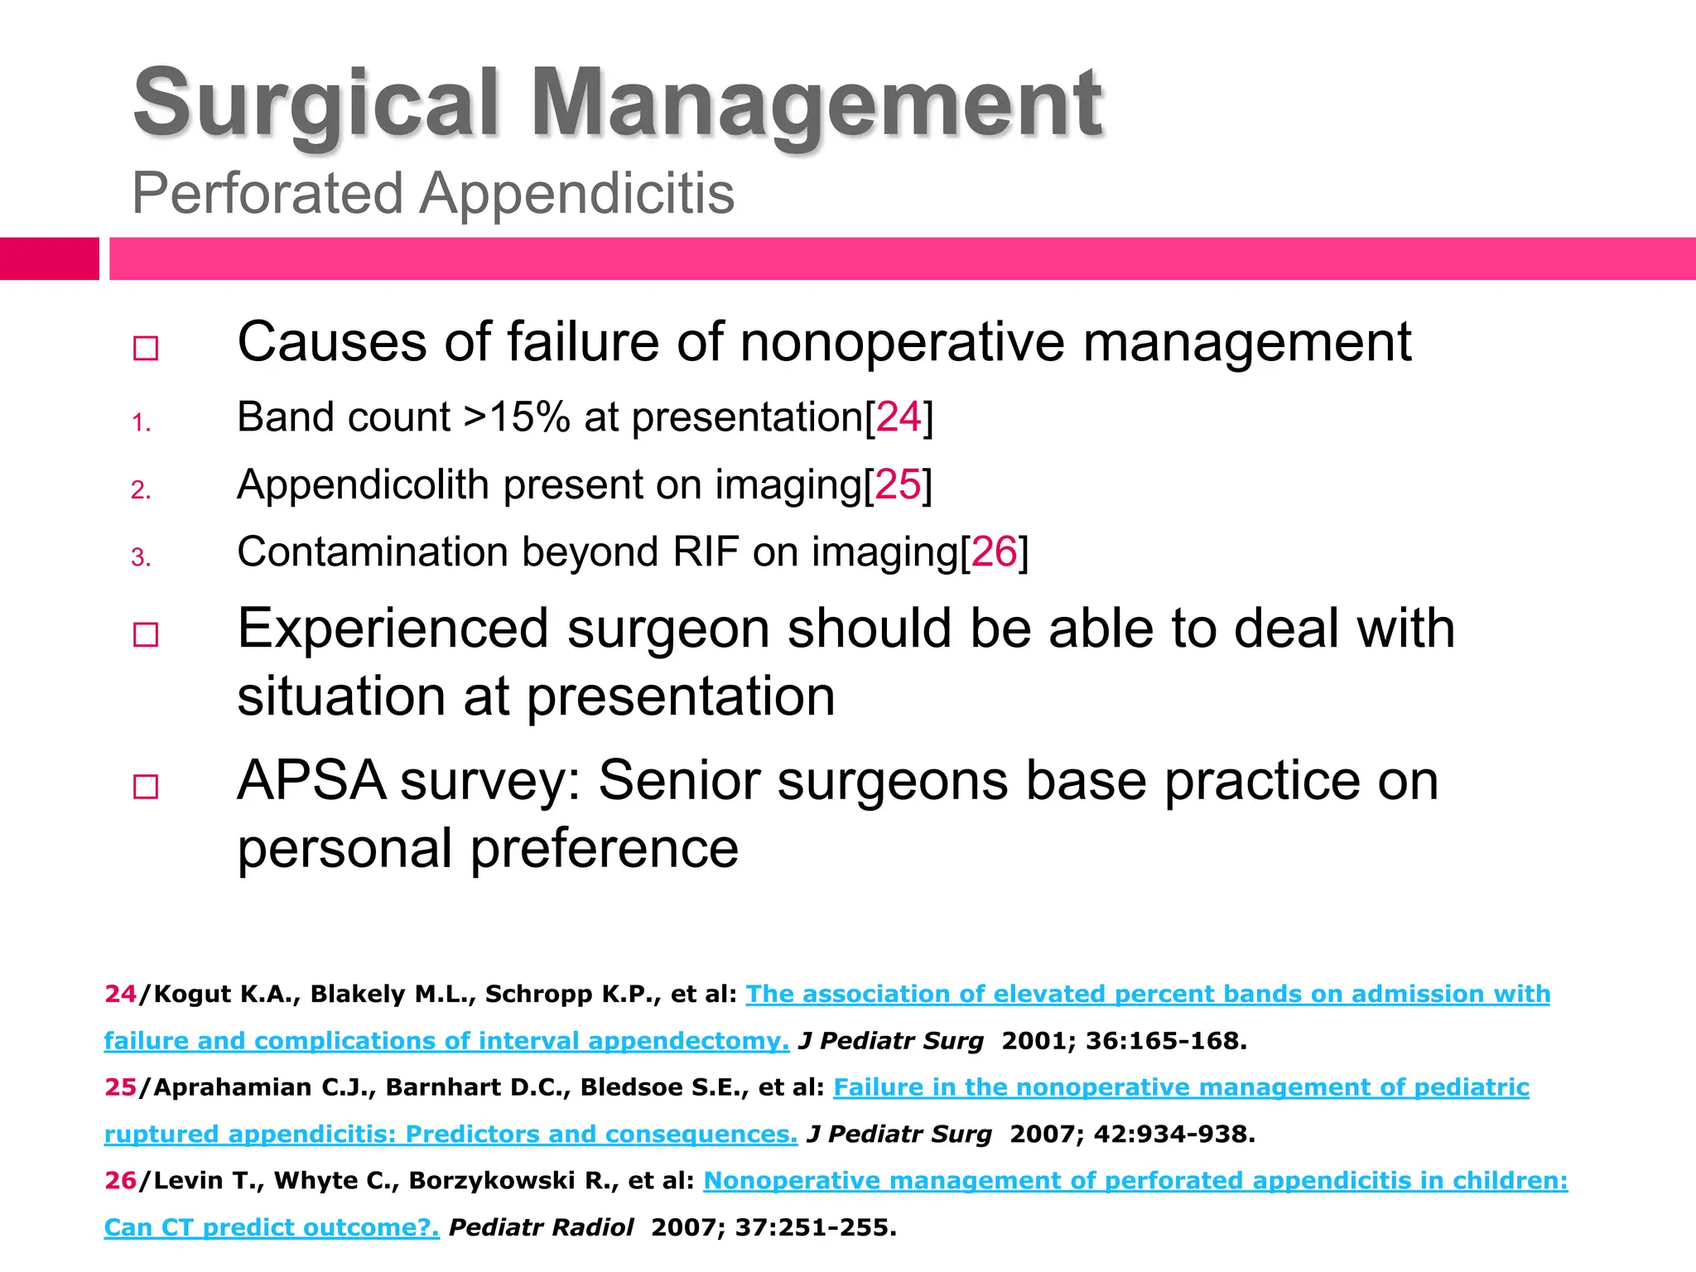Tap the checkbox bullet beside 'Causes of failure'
tap(146, 348)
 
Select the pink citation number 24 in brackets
tap(899, 417)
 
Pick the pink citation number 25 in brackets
tap(898, 484)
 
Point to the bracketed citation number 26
tap(994, 552)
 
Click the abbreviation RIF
tap(706, 552)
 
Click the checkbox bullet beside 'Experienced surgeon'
tap(146, 635)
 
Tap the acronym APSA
tap(311, 781)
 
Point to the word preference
tap(604, 849)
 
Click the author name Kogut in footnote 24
tap(193, 994)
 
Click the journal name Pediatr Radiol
tap(541, 1227)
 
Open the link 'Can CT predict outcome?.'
tap(272, 1227)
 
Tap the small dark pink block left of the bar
tap(49, 258)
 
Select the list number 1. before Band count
tap(141, 423)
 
